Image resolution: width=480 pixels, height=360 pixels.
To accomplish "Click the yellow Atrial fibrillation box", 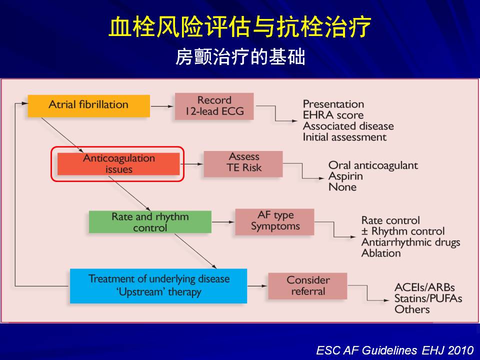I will [x=88, y=105].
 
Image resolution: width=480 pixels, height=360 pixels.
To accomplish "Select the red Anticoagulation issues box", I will [x=118, y=164].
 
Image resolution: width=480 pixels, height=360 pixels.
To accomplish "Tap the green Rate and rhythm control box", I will [x=150, y=222].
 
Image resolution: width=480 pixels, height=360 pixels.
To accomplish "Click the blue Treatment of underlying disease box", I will [x=158, y=285].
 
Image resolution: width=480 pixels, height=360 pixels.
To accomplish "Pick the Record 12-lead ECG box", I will [x=214, y=106].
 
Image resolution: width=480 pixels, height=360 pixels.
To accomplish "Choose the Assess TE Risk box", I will [x=243, y=163].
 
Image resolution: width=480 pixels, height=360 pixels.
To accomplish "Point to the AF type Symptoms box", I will [x=275, y=221].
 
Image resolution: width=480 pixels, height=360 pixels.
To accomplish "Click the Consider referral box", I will [x=307, y=285].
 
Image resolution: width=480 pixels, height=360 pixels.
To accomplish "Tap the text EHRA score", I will [x=333, y=115].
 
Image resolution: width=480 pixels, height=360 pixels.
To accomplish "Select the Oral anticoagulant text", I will [x=373, y=165].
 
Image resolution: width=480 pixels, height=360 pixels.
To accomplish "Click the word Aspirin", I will [x=345, y=176].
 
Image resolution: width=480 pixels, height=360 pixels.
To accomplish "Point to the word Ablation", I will [x=381, y=253].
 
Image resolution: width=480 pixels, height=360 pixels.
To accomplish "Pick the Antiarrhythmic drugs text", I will [x=410, y=242].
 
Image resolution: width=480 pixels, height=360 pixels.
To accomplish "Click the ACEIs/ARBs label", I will [x=424, y=288].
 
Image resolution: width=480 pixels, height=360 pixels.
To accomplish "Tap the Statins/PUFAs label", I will [x=428, y=298].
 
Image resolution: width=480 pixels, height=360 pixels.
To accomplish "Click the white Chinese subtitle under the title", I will [x=240, y=58].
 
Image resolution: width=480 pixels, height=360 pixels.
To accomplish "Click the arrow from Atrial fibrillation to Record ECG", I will [x=162, y=106].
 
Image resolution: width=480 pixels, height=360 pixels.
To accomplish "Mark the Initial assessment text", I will [x=344, y=137].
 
